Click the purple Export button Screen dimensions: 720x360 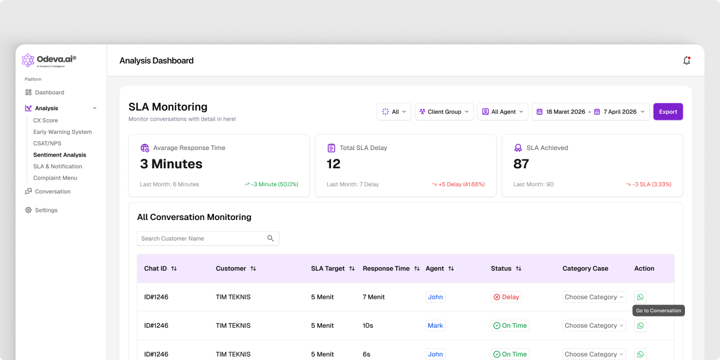[x=668, y=112]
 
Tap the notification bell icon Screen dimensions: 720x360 [x=687, y=61]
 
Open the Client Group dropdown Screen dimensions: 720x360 [x=444, y=112]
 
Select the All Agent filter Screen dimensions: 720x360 [x=502, y=112]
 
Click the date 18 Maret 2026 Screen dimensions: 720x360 [x=566, y=112]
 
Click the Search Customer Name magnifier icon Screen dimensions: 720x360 [x=271, y=238]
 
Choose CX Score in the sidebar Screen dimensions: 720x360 [x=46, y=120]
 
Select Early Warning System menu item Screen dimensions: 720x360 [x=62, y=132]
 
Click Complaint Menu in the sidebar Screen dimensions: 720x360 [x=55, y=178]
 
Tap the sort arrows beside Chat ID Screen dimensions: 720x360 [x=174, y=268]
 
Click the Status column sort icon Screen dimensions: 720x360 [x=518, y=268]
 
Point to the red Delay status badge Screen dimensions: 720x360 [x=506, y=297]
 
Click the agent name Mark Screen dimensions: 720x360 [x=435, y=326]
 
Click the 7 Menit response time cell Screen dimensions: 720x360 [x=373, y=297]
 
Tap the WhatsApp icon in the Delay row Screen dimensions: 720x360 [x=641, y=297]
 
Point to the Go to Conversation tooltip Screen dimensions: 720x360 [x=658, y=311]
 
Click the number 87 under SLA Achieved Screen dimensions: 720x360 [x=521, y=164]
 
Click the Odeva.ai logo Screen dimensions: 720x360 [x=49, y=61]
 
